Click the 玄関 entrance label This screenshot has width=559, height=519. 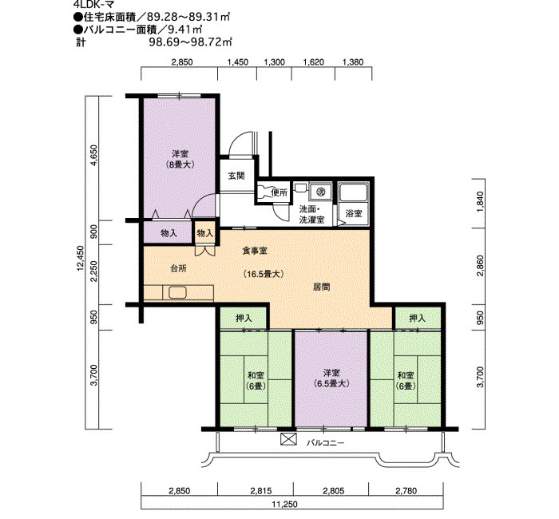point(236,176)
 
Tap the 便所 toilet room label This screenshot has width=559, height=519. point(279,193)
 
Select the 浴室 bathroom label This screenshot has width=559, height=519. point(354,213)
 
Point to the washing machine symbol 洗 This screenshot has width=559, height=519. point(321,192)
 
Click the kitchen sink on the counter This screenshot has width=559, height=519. point(178,293)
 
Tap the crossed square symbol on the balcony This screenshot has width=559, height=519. point(288,439)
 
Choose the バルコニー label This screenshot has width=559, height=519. point(326,443)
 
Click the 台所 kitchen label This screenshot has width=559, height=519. point(178,268)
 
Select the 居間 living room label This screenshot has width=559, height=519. point(321,287)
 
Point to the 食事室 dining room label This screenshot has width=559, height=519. point(255,251)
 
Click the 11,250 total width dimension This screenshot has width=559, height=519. point(284,505)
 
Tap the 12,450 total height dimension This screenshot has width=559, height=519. point(81,258)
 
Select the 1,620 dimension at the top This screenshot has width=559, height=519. point(314,62)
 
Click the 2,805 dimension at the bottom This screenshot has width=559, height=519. point(334,491)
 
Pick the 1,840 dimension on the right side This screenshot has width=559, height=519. point(481,202)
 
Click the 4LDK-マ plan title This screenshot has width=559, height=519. point(95,6)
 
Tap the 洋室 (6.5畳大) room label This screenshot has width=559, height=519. point(331,378)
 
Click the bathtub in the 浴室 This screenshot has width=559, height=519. point(353,193)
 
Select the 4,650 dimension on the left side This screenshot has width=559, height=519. point(94,155)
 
